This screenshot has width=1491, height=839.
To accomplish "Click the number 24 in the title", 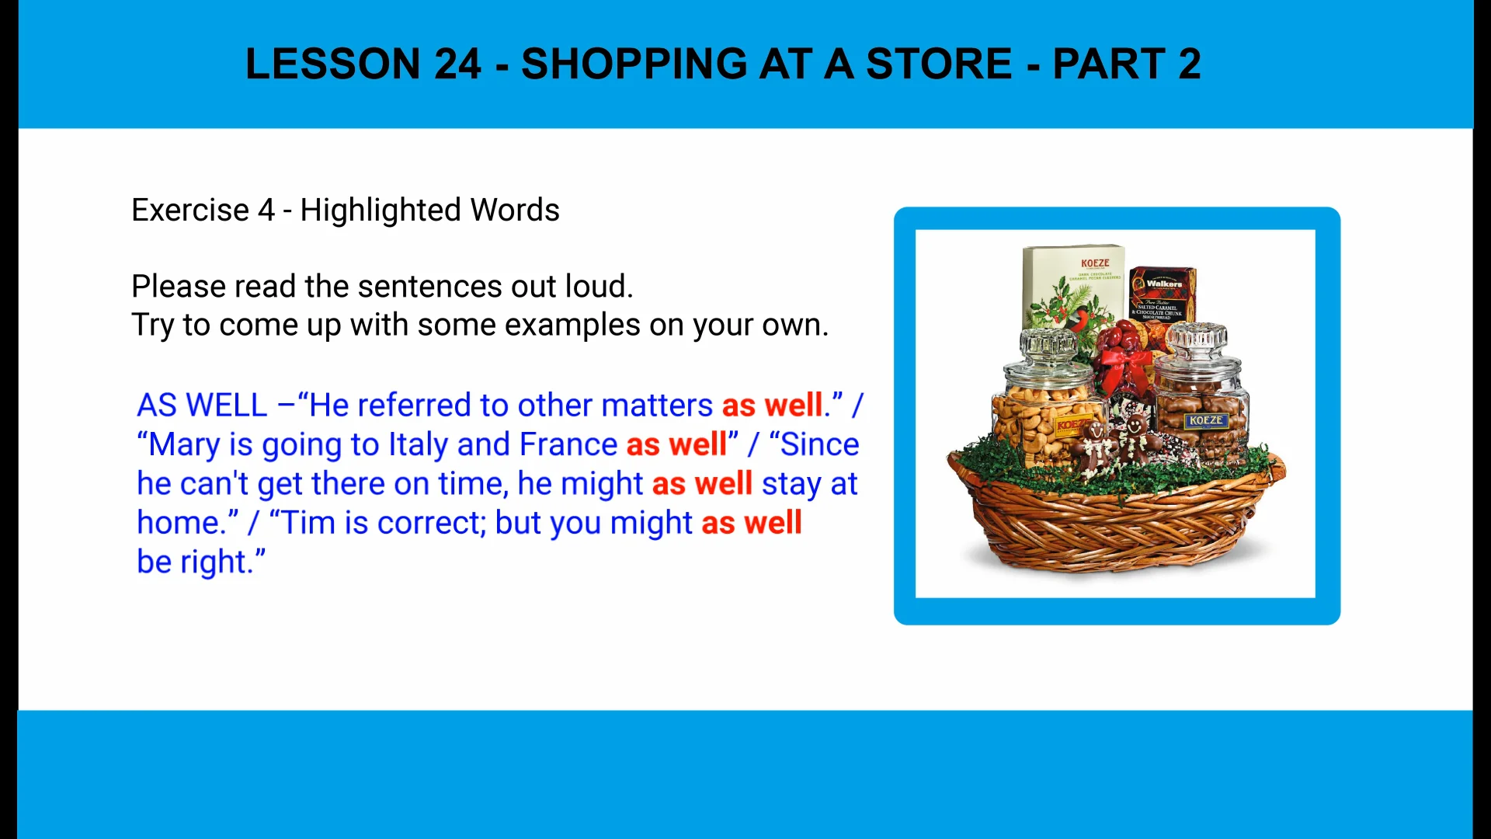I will [x=457, y=64].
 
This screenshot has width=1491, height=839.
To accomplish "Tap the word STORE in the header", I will [x=939, y=64].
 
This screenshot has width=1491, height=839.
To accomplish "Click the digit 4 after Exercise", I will [x=266, y=210].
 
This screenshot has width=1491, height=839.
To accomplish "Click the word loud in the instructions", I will [x=598, y=287].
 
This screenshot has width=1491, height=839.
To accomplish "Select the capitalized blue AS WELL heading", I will [x=202, y=406].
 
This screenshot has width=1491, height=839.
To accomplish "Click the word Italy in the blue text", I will [x=418, y=445].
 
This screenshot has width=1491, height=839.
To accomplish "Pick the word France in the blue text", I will [x=568, y=445].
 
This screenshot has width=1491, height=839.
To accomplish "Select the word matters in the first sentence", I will [x=657, y=406].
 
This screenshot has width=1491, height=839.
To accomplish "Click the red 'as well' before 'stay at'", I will [x=702, y=484].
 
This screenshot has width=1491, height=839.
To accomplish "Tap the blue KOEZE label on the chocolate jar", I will [x=1205, y=420].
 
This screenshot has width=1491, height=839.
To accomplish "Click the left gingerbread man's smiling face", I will [x=1097, y=430].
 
